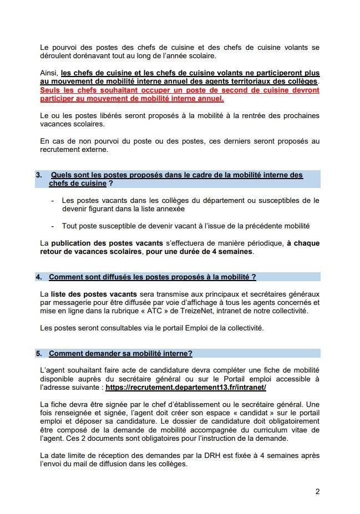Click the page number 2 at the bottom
317,491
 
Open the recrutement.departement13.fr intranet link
186,388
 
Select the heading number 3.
39,175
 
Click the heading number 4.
39,277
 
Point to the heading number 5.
39,353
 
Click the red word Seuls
51,90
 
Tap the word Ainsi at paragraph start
49,73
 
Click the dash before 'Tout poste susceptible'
53,226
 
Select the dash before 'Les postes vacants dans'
53,201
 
